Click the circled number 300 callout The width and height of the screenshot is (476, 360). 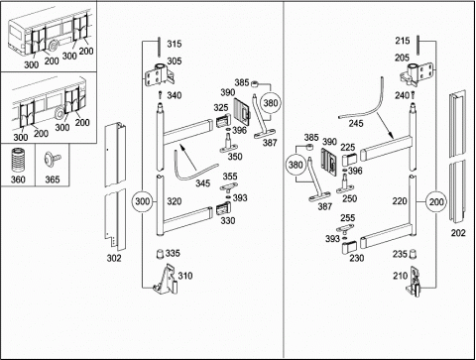pyautogui.click(x=143, y=201)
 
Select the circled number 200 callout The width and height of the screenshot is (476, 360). pyautogui.click(x=436, y=201)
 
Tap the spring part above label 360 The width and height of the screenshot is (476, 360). pyautogui.click(x=18, y=161)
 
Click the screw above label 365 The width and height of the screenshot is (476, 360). pyautogui.click(x=53, y=159)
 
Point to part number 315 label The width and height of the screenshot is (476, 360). pyautogui.click(x=175, y=44)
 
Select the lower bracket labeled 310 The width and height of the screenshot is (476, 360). pyautogui.click(x=166, y=279)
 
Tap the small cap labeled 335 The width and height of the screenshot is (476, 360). pyautogui.click(x=160, y=254)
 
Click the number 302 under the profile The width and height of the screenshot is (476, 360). pyautogui.click(x=114, y=258)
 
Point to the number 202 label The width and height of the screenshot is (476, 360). pyautogui.click(x=458, y=233)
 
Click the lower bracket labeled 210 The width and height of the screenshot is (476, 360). pyautogui.click(x=414, y=282)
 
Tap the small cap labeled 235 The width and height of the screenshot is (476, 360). pyautogui.click(x=413, y=254)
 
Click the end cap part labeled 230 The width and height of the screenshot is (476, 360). pyautogui.click(x=349, y=248)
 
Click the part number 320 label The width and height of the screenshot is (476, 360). pyautogui.click(x=175, y=201)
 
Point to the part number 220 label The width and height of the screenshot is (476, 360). pyautogui.click(x=400, y=200)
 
